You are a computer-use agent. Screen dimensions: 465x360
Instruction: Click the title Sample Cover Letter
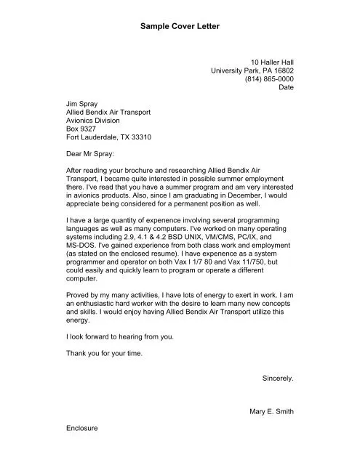(179, 26)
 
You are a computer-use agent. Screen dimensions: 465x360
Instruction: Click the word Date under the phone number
(286, 87)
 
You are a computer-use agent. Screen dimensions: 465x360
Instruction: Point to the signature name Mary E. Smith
(271, 411)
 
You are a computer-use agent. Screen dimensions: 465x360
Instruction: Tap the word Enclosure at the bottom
(81, 428)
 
